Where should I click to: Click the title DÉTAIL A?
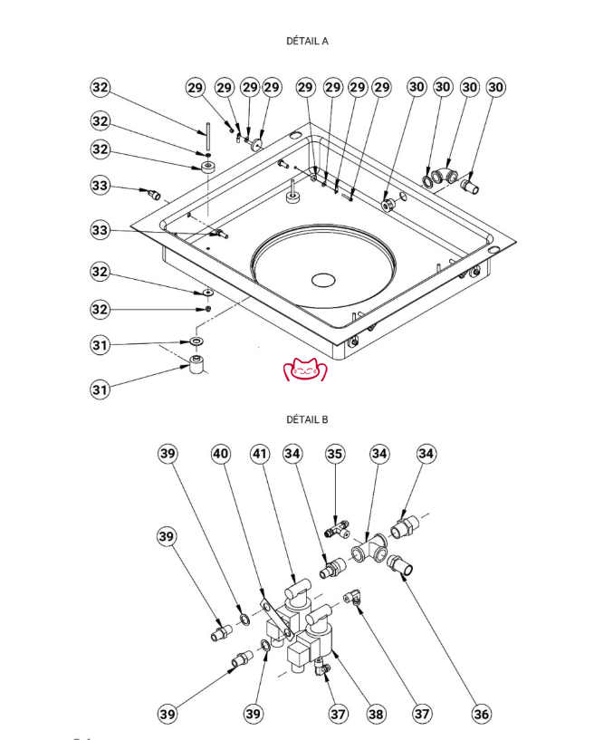click(x=307, y=41)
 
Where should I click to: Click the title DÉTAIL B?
click(x=307, y=419)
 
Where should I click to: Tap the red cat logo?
click(x=305, y=370)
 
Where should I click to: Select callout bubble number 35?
click(x=335, y=453)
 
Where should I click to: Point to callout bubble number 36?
click(x=482, y=714)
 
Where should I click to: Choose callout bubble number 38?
click(x=375, y=714)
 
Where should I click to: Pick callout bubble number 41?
click(x=261, y=453)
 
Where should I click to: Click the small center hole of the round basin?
click(x=321, y=278)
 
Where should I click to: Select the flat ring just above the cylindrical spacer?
click(x=196, y=342)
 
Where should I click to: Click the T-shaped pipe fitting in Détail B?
click(x=371, y=548)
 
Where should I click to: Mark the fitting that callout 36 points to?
click(x=401, y=568)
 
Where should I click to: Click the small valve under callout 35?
click(x=339, y=524)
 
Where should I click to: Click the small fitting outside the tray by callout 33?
click(x=154, y=193)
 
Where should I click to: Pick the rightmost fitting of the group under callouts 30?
click(x=470, y=187)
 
